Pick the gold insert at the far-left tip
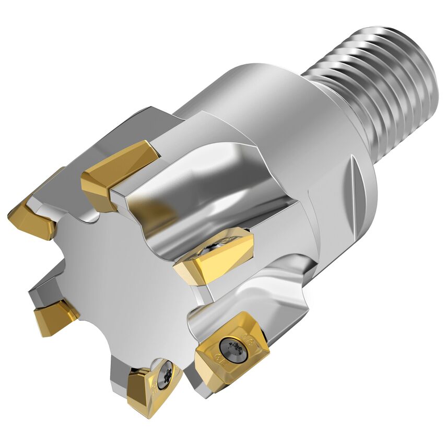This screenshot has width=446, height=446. pyautogui.click(x=32, y=217)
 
